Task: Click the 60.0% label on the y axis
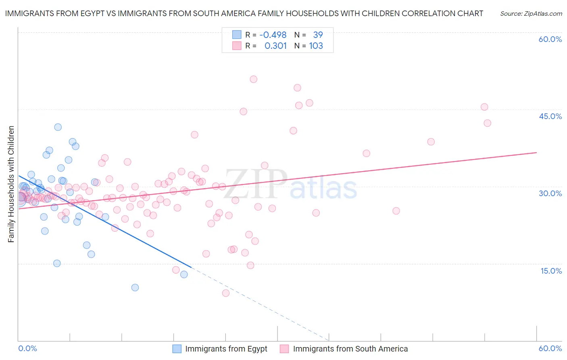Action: tap(550, 39)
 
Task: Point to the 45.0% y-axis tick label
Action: tap(550, 116)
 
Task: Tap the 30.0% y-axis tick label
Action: tap(550, 193)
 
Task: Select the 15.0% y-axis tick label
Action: tap(551, 271)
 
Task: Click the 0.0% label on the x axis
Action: tap(27, 348)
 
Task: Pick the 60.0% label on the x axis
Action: tap(550, 348)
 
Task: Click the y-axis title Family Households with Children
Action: tap(11, 184)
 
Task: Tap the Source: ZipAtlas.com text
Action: tap(531, 14)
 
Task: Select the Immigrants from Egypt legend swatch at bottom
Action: tap(177, 349)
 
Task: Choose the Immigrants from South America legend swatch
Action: tap(284, 349)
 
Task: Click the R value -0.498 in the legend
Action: tap(273, 35)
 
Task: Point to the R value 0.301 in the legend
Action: tap(275, 46)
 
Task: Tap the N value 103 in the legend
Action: tap(316, 46)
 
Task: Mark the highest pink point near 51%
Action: tap(253, 79)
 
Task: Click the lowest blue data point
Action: tap(135, 287)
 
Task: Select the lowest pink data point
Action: tap(226, 293)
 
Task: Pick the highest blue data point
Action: tap(58, 127)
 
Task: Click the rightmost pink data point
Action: tap(487, 123)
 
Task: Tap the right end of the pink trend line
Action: tap(536, 153)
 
